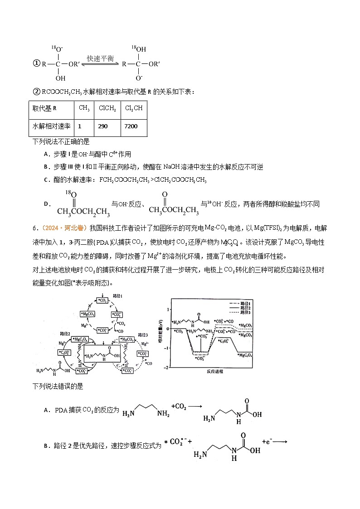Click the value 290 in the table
pos(103,126)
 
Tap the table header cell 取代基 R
pos(44,108)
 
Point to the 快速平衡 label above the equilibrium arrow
pos(100,58)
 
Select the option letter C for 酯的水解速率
pos(46,180)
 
